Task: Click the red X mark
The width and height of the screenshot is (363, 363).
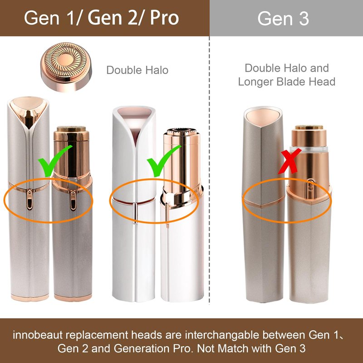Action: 289,162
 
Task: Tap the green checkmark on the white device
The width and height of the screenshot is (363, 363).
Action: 163,161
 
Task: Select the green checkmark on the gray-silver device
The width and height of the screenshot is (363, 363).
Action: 55,161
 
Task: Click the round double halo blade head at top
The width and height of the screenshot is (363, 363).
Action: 66,67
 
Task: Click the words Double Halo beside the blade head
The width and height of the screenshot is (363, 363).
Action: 137,70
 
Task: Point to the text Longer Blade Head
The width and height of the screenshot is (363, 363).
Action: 287,82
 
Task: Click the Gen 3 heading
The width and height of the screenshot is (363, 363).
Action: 283,18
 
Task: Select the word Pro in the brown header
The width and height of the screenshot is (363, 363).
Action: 164,18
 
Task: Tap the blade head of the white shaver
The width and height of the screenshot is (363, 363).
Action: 181,131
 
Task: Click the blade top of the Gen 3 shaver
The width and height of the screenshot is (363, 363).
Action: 309,127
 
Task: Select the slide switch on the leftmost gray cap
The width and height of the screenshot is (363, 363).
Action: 29,199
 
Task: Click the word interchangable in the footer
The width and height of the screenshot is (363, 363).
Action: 222,335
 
